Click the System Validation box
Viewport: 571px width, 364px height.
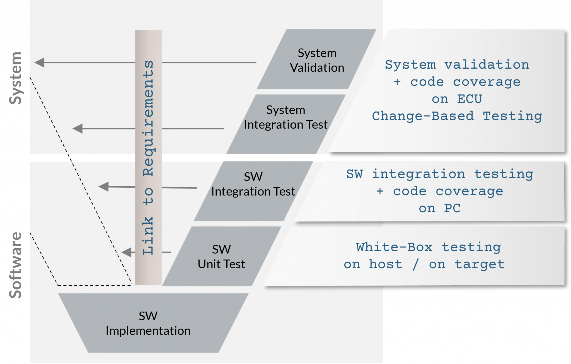click(x=317, y=60)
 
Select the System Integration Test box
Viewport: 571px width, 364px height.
click(x=285, y=124)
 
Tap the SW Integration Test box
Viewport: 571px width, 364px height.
click(x=253, y=191)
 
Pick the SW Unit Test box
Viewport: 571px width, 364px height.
click(x=221, y=257)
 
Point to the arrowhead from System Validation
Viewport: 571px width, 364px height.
click(x=39, y=62)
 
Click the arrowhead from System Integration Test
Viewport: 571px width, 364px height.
click(x=78, y=129)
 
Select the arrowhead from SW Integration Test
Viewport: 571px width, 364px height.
click(x=104, y=187)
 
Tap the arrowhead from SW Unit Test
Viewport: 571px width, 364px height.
click(x=127, y=252)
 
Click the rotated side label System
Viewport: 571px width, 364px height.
click(x=16, y=78)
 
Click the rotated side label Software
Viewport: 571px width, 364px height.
click(x=16, y=265)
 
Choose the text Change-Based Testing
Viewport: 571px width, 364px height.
click(x=457, y=116)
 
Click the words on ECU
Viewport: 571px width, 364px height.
click(x=457, y=99)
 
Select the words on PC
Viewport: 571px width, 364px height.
click(x=439, y=208)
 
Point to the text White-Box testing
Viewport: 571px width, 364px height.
click(x=428, y=247)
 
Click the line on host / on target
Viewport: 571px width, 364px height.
click(x=424, y=264)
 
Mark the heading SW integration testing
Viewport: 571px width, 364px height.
click(x=439, y=174)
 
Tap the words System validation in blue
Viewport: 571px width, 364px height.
click(x=457, y=65)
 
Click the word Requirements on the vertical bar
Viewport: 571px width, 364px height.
click(x=148, y=119)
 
